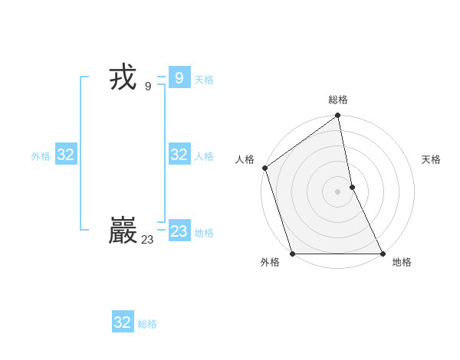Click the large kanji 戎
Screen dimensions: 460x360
(x=123, y=78)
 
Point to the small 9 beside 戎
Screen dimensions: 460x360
(x=147, y=87)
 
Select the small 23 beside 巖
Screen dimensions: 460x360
(x=147, y=240)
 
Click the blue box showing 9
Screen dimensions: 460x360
(x=179, y=77)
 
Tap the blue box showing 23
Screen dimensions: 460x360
(x=179, y=231)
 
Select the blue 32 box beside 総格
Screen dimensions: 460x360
(x=123, y=322)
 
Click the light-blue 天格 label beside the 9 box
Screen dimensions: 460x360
(x=204, y=80)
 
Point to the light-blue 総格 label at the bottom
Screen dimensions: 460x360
(x=147, y=324)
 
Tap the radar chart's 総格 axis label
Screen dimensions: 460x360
(x=338, y=100)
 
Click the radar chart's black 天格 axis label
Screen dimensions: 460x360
(x=431, y=159)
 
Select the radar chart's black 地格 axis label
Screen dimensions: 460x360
(x=402, y=263)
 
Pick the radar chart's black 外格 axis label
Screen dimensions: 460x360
(x=270, y=263)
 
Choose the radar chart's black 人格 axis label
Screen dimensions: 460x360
(x=245, y=159)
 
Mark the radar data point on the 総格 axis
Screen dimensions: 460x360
(x=338, y=116)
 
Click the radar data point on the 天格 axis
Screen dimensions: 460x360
(x=352, y=187)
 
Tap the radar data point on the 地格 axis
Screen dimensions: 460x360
(x=383, y=253)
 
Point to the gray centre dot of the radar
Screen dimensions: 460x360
(x=338, y=191)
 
